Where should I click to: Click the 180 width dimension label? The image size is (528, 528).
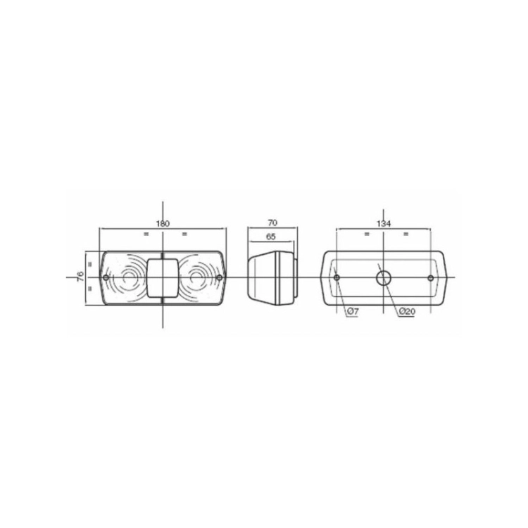coord(163,224)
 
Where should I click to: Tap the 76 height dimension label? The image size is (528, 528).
coord(80,277)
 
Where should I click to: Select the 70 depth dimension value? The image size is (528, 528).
coord(272,223)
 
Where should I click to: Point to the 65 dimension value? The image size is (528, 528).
coord(271,237)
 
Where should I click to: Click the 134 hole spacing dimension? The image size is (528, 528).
coord(384,224)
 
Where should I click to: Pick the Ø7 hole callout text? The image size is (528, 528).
coord(352,312)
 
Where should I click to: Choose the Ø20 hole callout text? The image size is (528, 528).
coord(407,312)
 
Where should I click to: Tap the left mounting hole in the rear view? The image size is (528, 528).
coord(337,278)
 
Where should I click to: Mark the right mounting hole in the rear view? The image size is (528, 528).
coord(430,278)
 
